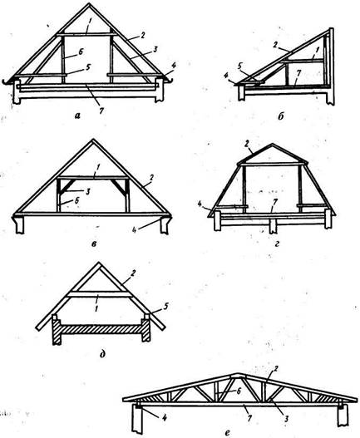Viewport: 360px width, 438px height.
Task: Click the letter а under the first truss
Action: pyautogui.click(x=77, y=115)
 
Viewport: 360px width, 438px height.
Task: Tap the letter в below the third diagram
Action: pyautogui.click(x=94, y=244)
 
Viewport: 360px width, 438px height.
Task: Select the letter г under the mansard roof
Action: pyautogui.click(x=276, y=244)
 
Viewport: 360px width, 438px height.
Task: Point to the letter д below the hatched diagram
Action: pyautogui.click(x=102, y=354)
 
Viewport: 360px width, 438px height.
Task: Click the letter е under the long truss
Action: pyautogui.click(x=227, y=433)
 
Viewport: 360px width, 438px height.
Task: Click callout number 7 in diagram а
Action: pyautogui.click(x=101, y=111)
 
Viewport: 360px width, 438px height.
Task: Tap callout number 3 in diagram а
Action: pyautogui.click(x=155, y=49)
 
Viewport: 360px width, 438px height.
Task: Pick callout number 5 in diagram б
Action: pyautogui.click(x=239, y=67)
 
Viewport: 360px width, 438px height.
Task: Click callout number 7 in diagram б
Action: pyautogui.click(x=298, y=73)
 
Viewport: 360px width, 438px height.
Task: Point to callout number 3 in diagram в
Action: pyautogui.click(x=87, y=193)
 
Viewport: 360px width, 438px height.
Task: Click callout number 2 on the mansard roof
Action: pyautogui.click(x=247, y=145)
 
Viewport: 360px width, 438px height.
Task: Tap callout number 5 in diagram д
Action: pyautogui.click(x=165, y=307)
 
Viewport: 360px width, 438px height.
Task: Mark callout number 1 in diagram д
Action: pyautogui.click(x=96, y=308)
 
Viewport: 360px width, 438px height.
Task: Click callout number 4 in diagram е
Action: pyautogui.click(x=165, y=417)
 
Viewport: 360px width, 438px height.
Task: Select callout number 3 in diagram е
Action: pyautogui.click(x=286, y=419)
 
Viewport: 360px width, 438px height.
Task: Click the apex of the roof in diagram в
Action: pyautogui.click(x=92, y=140)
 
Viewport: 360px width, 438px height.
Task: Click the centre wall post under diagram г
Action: pyautogui.click(x=273, y=226)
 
